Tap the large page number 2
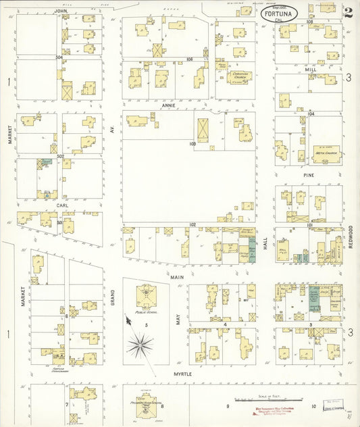click(347, 11)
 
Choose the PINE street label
click(309, 175)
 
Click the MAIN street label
click(177, 277)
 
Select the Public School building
click(145, 296)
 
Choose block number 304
click(59, 58)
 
